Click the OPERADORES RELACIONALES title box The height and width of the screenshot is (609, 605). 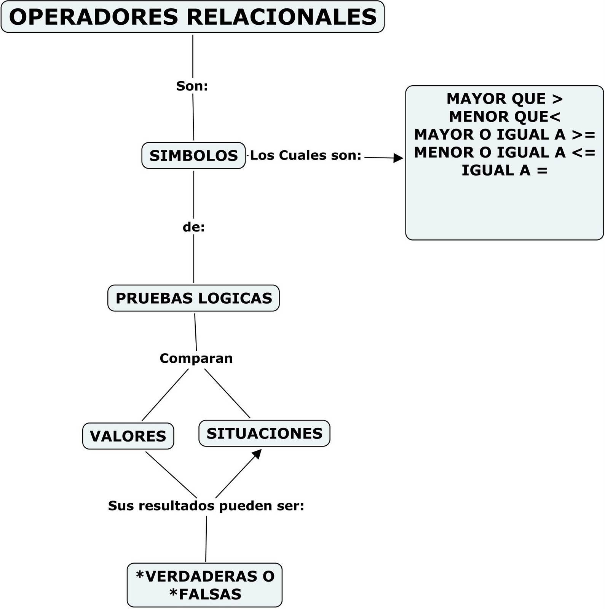(x=193, y=17)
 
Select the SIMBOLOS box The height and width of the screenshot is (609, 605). (x=193, y=156)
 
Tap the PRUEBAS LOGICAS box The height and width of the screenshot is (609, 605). (x=193, y=298)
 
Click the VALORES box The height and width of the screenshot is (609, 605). (x=128, y=436)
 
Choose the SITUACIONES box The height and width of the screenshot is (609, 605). (x=264, y=434)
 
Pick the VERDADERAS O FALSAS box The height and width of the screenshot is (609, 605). (x=204, y=585)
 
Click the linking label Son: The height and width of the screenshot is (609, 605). (x=192, y=86)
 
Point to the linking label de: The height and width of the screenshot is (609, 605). (x=193, y=227)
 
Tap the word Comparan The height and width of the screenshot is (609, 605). (x=196, y=358)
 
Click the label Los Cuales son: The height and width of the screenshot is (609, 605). (x=305, y=155)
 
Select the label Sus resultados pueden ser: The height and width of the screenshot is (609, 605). (x=206, y=505)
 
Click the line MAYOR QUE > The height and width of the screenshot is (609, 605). (x=504, y=99)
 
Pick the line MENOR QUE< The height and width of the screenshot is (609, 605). (x=504, y=116)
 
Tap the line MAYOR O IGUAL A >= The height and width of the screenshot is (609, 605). (x=504, y=134)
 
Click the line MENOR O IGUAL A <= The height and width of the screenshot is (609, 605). (x=504, y=152)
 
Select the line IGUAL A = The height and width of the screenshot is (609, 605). (x=504, y=170)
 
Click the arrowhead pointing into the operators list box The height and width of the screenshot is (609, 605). (x=398, y=158)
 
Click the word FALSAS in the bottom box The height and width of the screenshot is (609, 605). (x=210, y=594)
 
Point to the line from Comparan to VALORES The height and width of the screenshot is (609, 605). (x=165, y=395)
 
